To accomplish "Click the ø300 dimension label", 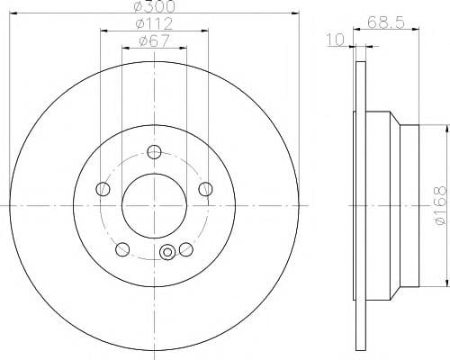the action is pyautogui.click(x=155, y=6).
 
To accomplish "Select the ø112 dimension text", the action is pyautogui.click(x=155, y=24).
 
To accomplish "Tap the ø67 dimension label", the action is pyautogui.click(x=155, y=41).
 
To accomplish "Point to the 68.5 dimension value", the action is pyautogui.click(x=386, y=22).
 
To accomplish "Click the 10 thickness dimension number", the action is pyautogui.click(x=336, y=40).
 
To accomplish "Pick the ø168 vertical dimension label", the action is pyautogui.click(x=441, y=205).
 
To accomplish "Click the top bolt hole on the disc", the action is pyautogui.click(x=154, y=152).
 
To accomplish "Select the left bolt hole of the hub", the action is pyautogui.click(x=103, y=189).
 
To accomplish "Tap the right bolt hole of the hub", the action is pyautogui.click(x=206, y=189).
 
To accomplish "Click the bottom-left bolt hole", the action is pyautogui.click(x=122, y=249).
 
